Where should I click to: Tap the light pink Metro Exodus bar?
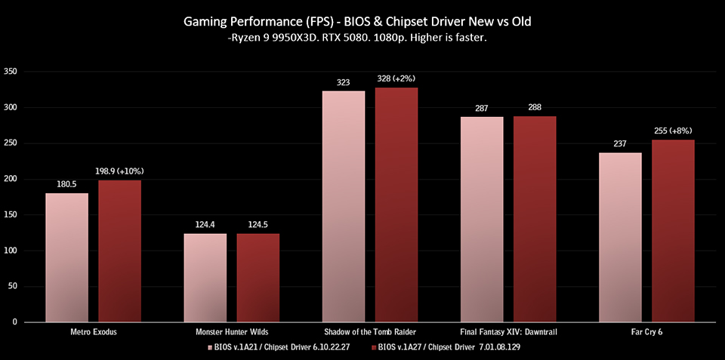[66, 257]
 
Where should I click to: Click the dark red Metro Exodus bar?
[119, 251]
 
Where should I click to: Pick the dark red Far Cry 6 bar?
[673, 230]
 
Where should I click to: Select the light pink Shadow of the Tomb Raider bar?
[344, 206]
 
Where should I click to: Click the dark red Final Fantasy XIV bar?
[535, 219]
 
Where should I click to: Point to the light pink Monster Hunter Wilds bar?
[205, 277]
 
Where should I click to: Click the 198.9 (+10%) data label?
[119, 171]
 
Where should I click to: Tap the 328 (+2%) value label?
[396, 78]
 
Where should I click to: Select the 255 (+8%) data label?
[673, 131]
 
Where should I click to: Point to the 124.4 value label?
[205, 224]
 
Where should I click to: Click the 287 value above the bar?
[482, 108]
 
